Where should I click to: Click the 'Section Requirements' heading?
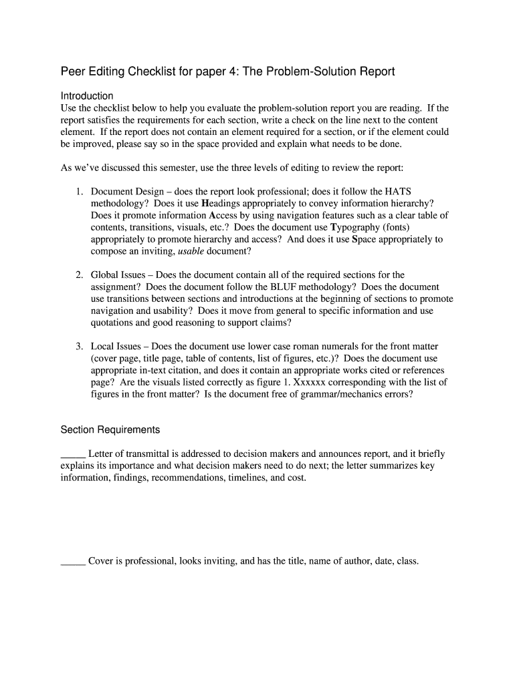[x=110, y=430]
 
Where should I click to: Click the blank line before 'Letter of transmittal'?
[x=73, y=454]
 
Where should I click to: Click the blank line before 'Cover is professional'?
[x=73, y=561]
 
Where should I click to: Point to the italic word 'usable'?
[x=191, y=251]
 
